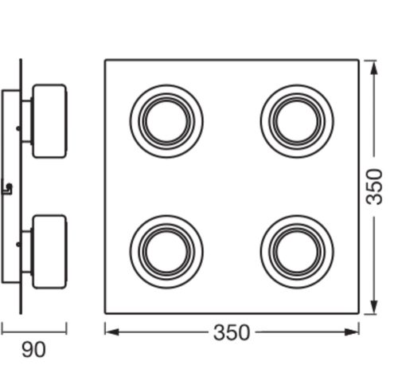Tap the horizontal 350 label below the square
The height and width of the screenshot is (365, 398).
pyautogui.click(x=232, y=332)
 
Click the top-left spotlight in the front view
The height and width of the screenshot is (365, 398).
pyautogui.click(x=166, y=120)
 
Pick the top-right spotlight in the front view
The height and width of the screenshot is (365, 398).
pyautogui.click(x=296, y=120)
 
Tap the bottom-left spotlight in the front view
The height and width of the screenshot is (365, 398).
pyautogui.click(x=166, y=249)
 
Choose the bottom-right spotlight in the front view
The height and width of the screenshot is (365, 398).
pyautogui.click(x=296, y=249)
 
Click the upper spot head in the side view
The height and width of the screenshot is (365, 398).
pyautogui.click(x=49, y=120)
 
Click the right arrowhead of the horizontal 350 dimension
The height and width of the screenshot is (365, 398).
pyautogui.click(x=357, y=332)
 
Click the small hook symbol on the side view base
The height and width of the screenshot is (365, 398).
pyautogui.click(x=8, y=188)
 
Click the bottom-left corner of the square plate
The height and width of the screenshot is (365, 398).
pyautogui.click(x=105, y=312)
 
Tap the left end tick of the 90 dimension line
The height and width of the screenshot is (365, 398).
pyautogui.click(x=2, y=328)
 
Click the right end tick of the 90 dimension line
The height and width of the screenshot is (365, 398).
pyautogui.click(x=67, y=328)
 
